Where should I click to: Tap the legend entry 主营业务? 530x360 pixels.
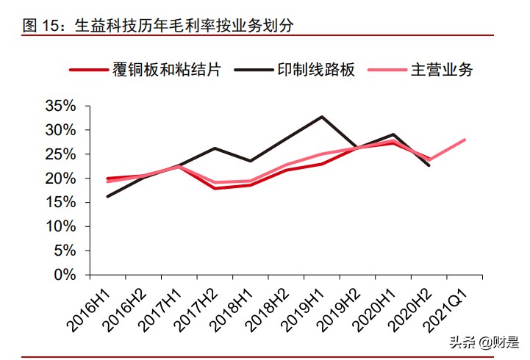point(441,71)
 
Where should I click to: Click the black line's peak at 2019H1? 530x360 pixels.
point(322,117)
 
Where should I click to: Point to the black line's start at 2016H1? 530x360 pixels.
point(107,196)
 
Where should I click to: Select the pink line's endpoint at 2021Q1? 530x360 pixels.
point(465,140)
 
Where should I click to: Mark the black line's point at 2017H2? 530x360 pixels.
point(215,148)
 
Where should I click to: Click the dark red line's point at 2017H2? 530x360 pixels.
point(215,188)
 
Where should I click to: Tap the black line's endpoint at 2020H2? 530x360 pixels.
point(429,165)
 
